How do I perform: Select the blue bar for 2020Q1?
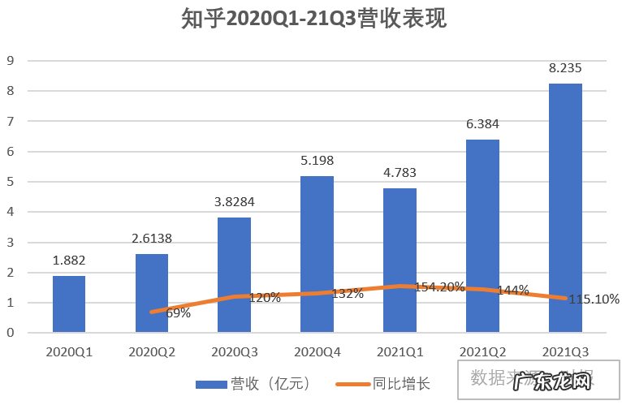[x=69, y=304]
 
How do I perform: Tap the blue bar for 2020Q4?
[x=317, y=254]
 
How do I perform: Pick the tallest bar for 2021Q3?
[x=565, y=208]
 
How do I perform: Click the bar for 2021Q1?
[x=400, y=261]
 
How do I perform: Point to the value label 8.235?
[x=565, y=67]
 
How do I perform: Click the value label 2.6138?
[x=152, y=239]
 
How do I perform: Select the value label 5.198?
[x=317, y=161]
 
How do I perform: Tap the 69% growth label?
[x=177, y=312]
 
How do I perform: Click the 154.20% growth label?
[x=438, y=287]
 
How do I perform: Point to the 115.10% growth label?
[x=594, y=299]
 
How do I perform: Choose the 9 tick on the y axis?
[x=11, y=60]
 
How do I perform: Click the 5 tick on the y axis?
[x=11, y=182]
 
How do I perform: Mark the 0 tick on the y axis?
[x=11, y=333]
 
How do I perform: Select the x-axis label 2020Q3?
[x=234, y=353]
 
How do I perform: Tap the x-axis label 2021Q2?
[x=482, y=353]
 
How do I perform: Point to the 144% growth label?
[x=513, y=290]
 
